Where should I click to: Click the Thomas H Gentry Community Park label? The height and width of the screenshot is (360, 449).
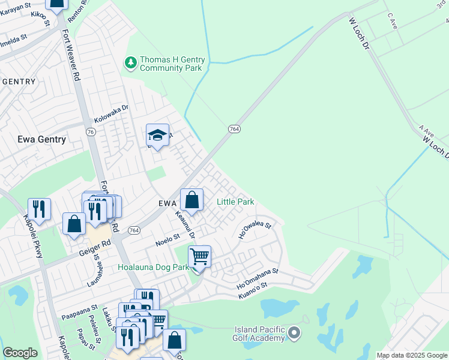tap(172, 64)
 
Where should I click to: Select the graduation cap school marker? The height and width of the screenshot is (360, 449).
tap(157, 136)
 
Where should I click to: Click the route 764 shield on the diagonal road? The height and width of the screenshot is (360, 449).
tap(234, 129)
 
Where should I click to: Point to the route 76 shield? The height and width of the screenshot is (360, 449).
tap(90, 131)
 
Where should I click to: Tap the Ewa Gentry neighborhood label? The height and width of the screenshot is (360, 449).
tap(34, 139)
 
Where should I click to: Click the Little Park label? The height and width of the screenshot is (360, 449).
tap(235, 202)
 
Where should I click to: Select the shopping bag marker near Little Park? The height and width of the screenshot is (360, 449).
tap(191, 200)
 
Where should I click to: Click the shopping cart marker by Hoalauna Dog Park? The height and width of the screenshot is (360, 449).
tap(199, 257)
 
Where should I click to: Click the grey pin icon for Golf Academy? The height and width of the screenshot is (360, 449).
tap(294, 332)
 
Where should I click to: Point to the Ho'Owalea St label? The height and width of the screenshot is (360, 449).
tap(255, 231)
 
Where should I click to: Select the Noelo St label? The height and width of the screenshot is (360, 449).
tap(168, 241)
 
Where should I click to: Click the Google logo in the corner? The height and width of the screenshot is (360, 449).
tap(20, 353)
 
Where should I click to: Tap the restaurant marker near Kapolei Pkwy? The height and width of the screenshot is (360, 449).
tap(39, 209)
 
